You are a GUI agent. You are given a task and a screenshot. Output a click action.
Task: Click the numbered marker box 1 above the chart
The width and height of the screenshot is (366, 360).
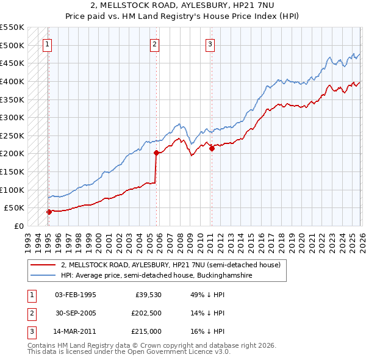[48, 44]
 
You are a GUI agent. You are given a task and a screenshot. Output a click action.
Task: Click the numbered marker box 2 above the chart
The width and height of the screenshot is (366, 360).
[155, 44]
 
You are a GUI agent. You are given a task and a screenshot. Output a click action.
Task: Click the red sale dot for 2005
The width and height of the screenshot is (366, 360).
[156, 153]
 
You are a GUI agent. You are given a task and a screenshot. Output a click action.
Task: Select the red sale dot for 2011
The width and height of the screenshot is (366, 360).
[212, 148]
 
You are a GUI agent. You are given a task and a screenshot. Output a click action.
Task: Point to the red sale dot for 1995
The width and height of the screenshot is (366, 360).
[49, 212]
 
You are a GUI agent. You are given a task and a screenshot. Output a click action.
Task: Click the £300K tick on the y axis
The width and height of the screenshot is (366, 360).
[12, 117]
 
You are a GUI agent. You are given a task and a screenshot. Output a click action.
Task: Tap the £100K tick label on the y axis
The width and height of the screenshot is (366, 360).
[12, 190]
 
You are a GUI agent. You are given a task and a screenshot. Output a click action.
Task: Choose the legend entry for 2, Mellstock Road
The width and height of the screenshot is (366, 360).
[170, 265]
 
